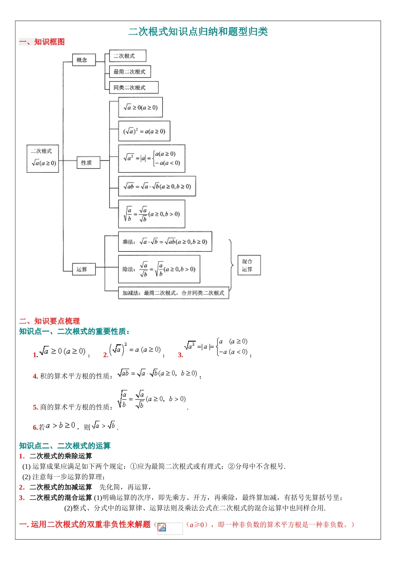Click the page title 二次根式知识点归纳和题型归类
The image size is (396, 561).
(198, 32)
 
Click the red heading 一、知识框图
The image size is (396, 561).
(42, 42)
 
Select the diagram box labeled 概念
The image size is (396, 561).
(83, 60)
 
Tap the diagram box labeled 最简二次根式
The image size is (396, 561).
(130, 72)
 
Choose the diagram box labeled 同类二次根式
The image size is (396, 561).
(133, 88)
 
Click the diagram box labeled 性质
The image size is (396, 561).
(88, 163)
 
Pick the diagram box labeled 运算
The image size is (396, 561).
(83, 270)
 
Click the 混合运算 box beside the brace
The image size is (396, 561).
(249, 265)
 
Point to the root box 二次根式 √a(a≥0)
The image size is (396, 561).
(43, 159)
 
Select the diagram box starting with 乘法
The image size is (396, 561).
(165, 242)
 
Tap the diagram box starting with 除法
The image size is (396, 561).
(159, 270)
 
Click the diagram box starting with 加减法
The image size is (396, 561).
(173, 293)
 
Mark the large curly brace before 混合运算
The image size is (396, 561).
(231, 265)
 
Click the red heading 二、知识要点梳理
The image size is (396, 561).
(49, 321)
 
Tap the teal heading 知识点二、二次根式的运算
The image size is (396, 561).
(65, 446)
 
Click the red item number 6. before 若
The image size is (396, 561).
(35, 427)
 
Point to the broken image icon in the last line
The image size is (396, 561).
(162, 528)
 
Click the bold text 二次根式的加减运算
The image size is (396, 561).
(61, 487)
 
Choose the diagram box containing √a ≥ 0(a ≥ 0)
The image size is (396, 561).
(140, 108)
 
